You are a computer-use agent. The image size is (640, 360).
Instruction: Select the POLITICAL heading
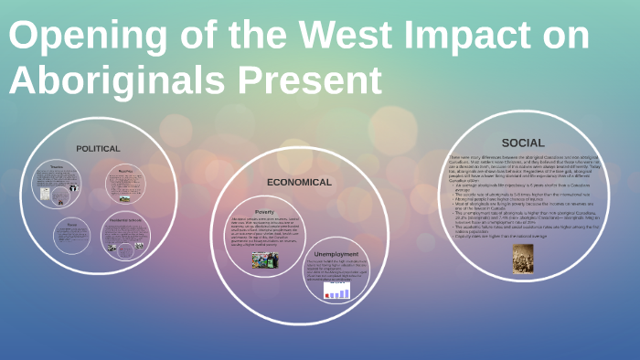tap(98, 148)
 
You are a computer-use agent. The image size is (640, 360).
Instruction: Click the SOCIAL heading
tap(523, 143)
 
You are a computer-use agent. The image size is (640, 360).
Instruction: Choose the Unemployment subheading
tap(336, 253)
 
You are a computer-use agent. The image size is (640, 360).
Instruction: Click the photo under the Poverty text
tap(265, 259)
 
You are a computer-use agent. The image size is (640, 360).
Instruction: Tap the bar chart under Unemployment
tap(337, 291)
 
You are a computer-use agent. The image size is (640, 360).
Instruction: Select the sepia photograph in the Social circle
tap(523, 258)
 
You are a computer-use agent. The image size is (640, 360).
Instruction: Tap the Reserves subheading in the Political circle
tap(125, 170)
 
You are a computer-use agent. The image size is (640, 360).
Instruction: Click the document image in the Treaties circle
tap(72, 193)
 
